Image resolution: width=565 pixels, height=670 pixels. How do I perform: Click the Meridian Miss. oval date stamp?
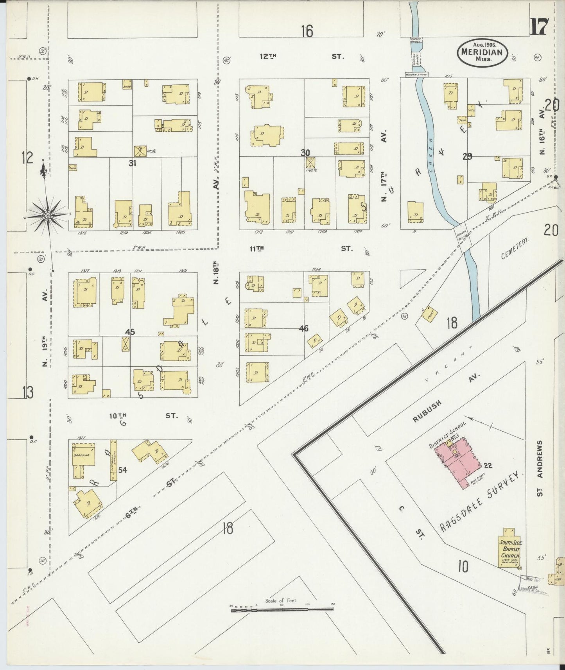(483, 52)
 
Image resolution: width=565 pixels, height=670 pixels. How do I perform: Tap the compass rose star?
(47, 215)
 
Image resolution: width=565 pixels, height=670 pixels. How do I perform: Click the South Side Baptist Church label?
(510, 549)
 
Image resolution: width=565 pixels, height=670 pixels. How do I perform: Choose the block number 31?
(133, 163)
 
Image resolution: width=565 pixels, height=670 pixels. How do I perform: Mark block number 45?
(130, 332)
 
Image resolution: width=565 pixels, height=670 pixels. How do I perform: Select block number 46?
(303, 329)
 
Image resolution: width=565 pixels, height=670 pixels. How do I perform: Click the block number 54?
(123, 470)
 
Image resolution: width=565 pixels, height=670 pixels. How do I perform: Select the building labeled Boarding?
(83, 455)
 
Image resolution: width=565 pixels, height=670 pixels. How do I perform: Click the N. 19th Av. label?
(45, 328)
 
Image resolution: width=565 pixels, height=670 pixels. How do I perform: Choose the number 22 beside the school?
(488, 465)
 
